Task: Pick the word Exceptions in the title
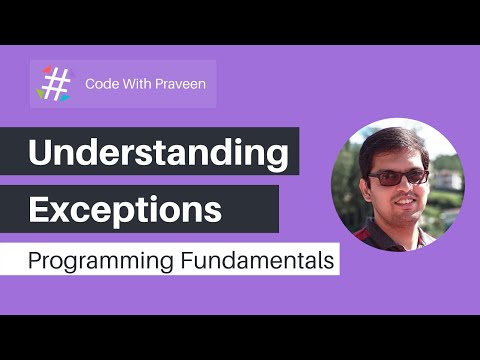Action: point(125,210)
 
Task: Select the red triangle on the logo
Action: point(46,70)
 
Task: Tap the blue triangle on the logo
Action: point(65,97)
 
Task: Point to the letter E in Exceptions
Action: point(38,210)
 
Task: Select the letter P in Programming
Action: point(35,262)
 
